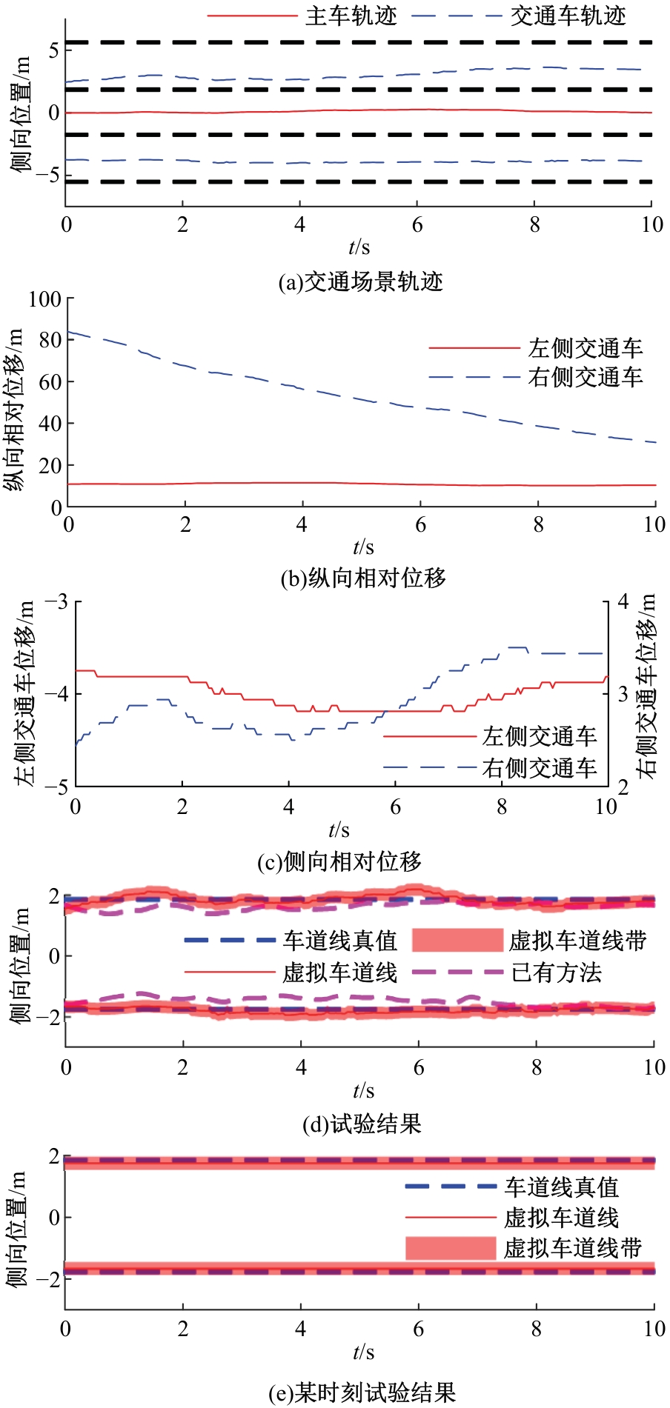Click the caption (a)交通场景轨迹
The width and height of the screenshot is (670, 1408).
click(x=360, y=282)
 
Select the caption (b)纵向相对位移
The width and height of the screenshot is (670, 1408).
click(x=363, y=578)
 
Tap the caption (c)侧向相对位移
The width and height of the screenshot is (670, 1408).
click(x=339, y=861)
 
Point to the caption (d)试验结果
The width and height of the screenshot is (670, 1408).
click(x=362, y=1124)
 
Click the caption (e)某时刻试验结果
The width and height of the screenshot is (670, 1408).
click(x=362, y=1392)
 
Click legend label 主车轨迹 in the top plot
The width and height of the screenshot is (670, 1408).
click(x=351, y=16)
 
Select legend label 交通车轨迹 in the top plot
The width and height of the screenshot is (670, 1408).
click(x=568, y=16)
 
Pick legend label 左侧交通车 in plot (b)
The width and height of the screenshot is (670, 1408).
click(x=585, y=348)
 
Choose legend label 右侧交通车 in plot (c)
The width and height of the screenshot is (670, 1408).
click(x=540, y=768)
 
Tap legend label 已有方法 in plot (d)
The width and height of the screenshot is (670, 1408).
click(x=556, y=972)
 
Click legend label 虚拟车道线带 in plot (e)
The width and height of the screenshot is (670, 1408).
click(x=573, y=1248)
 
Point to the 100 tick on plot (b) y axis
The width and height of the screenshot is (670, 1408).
click(x=44, y=299)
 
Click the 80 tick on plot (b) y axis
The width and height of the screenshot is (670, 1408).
click(x=49, y=340)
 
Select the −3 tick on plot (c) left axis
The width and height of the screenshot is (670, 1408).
click(x=56, y=601)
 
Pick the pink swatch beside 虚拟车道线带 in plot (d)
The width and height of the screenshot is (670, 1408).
click(x=457, y=940)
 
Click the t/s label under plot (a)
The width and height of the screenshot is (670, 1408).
click(x=359, y=247)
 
